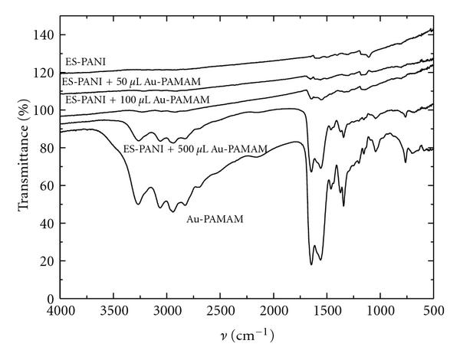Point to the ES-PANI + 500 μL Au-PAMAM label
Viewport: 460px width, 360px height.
(x=195, y=148)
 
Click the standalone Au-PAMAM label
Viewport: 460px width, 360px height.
(x=214, y=219)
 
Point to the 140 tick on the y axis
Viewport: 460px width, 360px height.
(x=45, y=35)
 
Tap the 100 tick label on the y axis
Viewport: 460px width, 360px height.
(x=45, y=110)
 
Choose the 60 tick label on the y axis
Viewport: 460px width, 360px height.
(x=48, y=185)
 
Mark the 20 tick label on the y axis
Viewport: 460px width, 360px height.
(x=48, y=260)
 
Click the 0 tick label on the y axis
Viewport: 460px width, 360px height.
(x=51, y=298)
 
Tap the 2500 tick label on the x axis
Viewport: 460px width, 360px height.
(x=220, y=311)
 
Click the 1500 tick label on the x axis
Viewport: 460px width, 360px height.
(x=327, y=311)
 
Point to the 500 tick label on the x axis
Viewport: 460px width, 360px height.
(x=433, y=311)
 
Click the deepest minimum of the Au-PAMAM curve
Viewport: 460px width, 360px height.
(x=311, y=265)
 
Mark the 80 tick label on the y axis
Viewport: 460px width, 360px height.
(x=48, y=148)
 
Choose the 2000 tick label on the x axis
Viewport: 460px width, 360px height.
(x=274, y=311)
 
